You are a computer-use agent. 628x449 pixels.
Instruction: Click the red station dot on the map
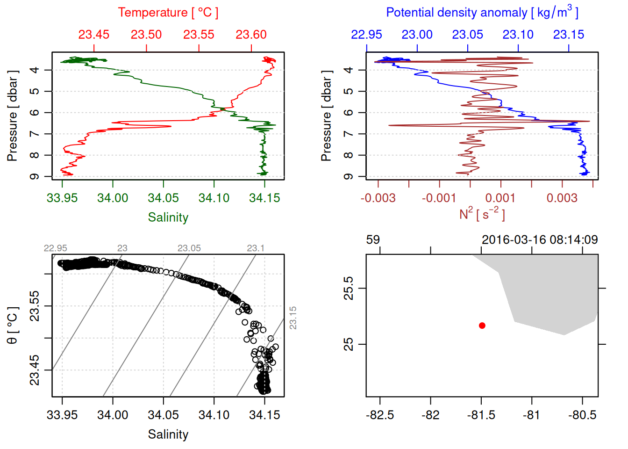tap(482, 326)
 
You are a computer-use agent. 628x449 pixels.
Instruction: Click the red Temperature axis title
tap(168, 13)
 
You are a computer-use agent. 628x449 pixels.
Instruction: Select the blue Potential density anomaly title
tap(482, 13)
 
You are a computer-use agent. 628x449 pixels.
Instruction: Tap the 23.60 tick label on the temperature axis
tap(251, 35)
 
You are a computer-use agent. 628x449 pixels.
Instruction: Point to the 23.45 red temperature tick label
tap(94, 35)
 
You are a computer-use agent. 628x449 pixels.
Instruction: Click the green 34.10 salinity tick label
tap(214, 198)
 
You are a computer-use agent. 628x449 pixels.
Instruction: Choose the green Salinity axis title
tap(168, 217)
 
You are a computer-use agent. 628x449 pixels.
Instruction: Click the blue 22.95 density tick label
tap(366, 35)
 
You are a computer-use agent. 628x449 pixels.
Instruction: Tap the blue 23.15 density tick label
tap(569, 35)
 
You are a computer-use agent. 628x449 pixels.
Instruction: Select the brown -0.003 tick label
tap(378, 198)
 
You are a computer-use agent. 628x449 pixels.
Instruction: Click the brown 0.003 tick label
tap(562, 198)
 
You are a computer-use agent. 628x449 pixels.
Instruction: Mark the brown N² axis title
tap(482, 214)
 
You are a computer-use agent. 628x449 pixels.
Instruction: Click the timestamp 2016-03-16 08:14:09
tap(540, 240)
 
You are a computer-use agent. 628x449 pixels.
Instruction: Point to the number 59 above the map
tap(373, 240)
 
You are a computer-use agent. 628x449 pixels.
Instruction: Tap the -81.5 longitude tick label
tap(481, 415)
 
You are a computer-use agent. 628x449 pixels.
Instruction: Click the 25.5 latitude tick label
tap(349, 288)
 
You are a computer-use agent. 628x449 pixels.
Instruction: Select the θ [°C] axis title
tap(13, 326)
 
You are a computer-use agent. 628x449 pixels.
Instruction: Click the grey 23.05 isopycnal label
tap(189, 248)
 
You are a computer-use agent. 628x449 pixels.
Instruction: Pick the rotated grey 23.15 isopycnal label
tap(293, 318)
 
